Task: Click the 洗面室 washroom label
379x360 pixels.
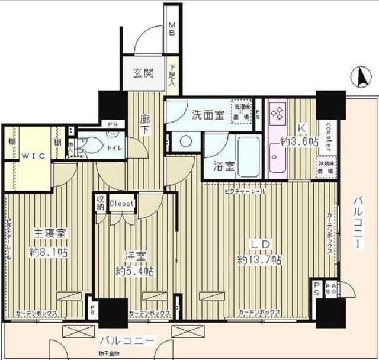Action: click(207, 115)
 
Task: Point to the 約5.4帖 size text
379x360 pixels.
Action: click(135, 271)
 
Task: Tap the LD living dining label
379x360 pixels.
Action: click(259, 244)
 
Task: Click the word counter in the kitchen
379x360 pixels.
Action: click(327, 136)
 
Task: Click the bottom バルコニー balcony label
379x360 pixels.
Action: click(127, 342)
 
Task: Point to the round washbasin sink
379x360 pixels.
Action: click(185, 142)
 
